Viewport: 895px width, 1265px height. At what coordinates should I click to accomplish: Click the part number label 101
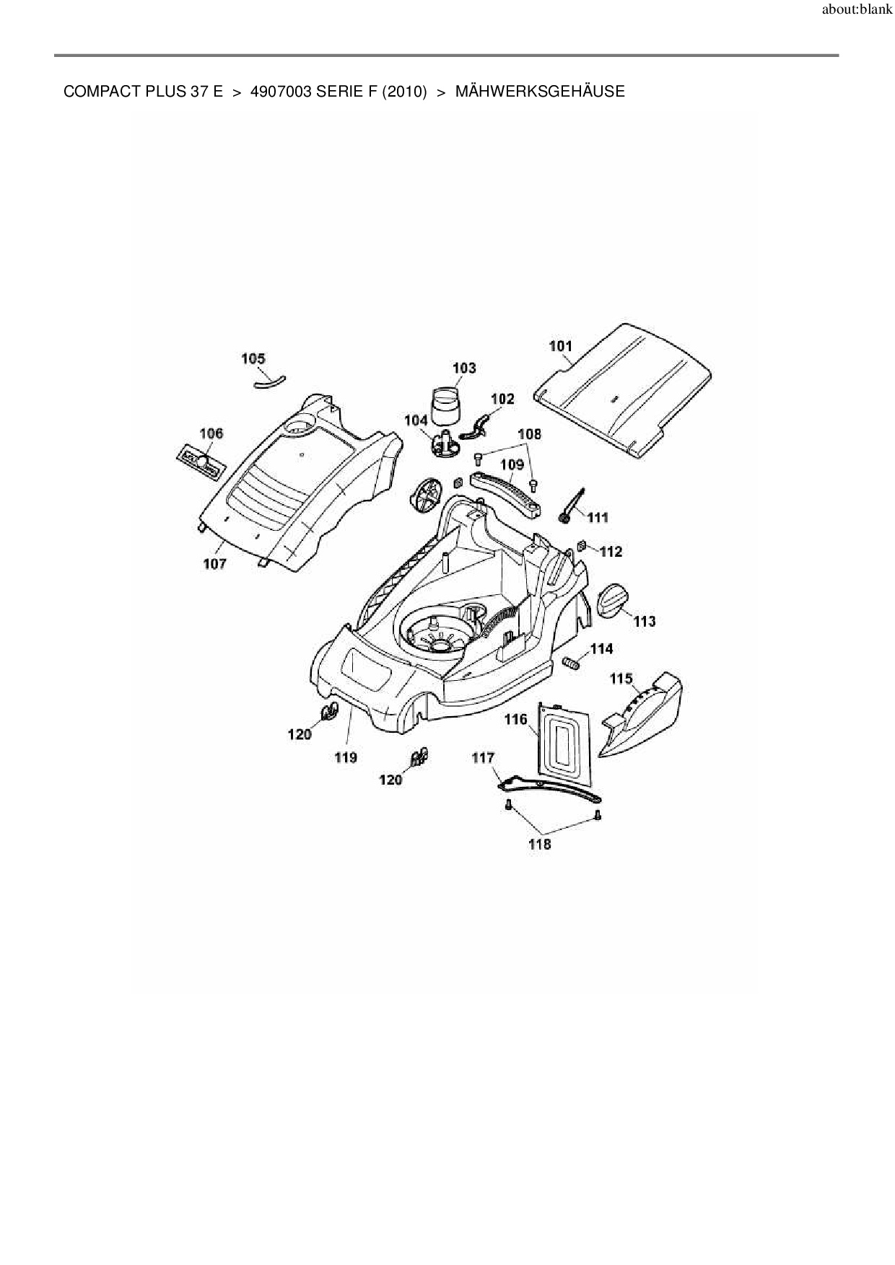[561, 346]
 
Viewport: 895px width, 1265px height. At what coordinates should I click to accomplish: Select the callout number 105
[253, 358]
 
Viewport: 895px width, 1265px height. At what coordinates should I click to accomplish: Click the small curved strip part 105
[269, 382]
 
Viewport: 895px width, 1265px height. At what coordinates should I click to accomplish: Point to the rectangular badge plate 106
[198, 462]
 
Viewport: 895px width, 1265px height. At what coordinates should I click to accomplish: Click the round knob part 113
[614, 601]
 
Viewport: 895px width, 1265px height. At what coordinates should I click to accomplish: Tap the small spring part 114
[571, 662]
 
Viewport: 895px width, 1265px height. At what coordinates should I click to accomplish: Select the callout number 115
[621, 679]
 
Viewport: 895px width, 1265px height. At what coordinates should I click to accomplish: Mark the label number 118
[540, 845]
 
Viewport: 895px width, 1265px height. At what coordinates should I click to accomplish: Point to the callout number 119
[346, 757]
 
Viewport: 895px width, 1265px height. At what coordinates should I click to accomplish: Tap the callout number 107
[214, 563]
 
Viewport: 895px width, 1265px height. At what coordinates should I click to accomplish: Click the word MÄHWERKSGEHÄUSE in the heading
[540, 92]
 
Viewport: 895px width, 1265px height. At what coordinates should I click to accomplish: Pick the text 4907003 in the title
[280, 92]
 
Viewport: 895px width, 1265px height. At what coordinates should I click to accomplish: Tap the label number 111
[598, 517]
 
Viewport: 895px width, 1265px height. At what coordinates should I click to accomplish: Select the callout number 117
[483, 757]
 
